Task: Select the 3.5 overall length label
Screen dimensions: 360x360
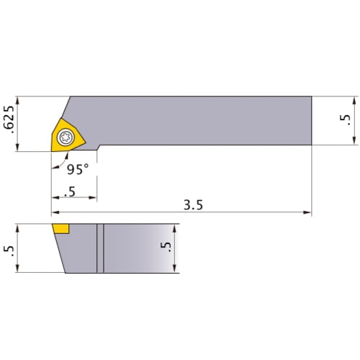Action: pos(193,204)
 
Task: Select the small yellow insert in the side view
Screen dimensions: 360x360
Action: pos(60,230)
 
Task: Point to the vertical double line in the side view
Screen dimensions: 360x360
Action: pos(101,248)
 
